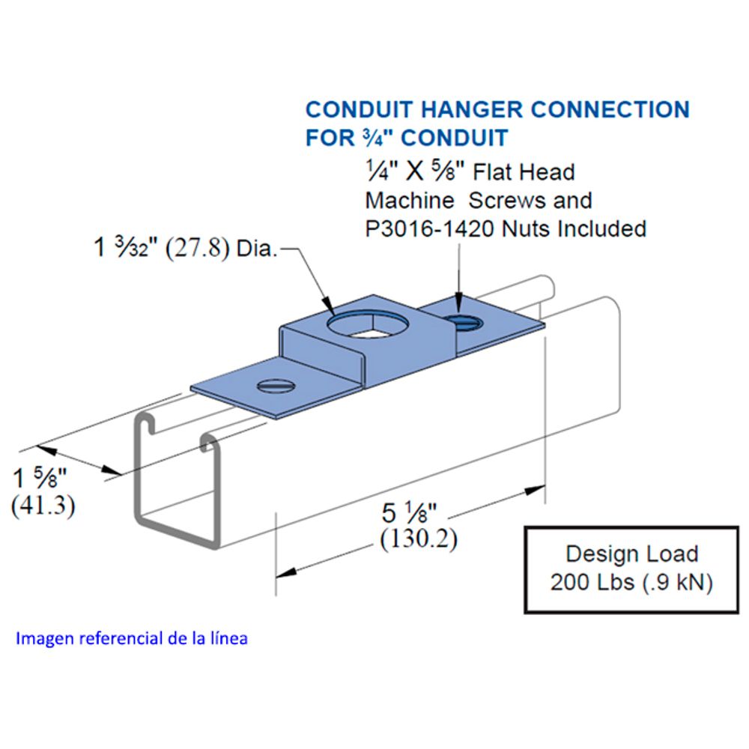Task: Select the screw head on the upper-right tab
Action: point(465,322)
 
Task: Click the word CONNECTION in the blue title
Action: point(610,109)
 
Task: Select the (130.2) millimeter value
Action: point(419,539)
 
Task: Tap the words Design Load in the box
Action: point(631,554)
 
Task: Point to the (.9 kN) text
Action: point(671,582)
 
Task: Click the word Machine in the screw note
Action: point(410,200)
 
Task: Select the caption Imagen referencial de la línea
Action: point(132,639)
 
